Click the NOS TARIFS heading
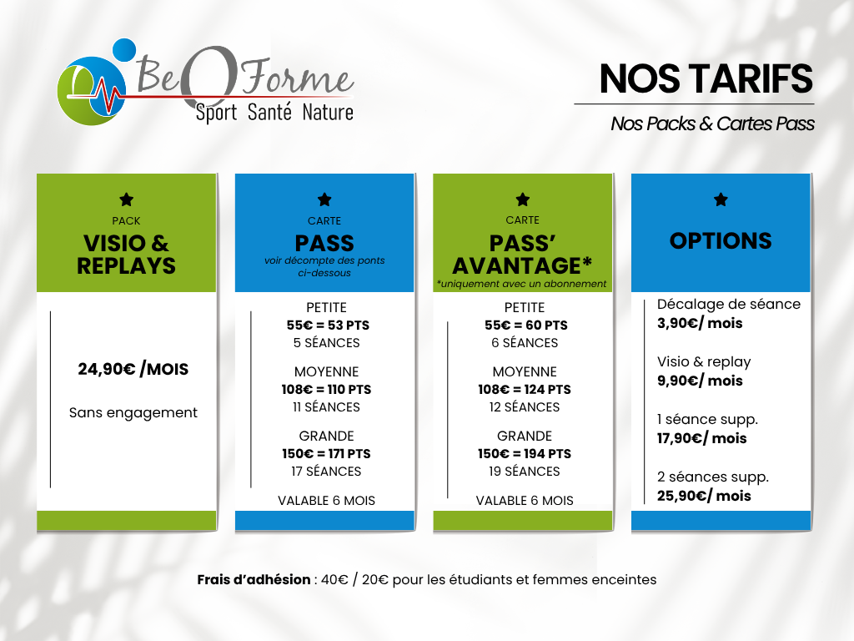(706, 79)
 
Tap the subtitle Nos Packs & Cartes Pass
(712, 124)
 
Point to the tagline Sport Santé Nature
(274, 113)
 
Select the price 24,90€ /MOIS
(133, 369)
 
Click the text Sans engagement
(133, 412)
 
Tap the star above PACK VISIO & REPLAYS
(127, 199)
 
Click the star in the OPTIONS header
(721, 199)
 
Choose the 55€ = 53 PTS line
(328, 326)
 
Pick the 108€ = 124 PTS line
(525, 390)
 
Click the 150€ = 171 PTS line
(326, 454)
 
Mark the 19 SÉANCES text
(525, 472)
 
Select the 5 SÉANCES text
(327, 343)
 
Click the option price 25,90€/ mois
(704, 496)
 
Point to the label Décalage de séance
(729, 304)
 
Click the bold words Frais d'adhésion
(254, 579)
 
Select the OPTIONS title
(721, 241)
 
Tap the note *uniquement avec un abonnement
(521, 284)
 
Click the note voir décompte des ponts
(324, 260)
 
